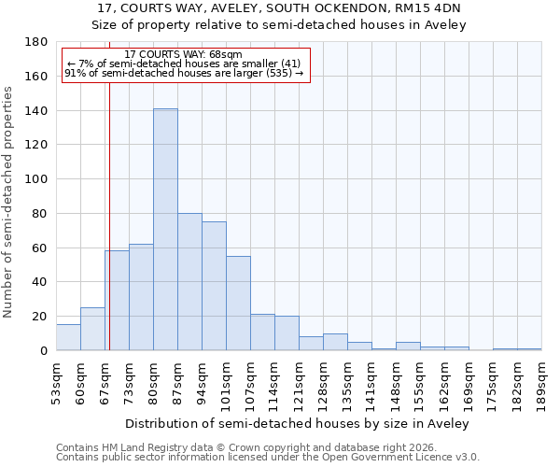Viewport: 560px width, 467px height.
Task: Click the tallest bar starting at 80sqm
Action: (165, 230)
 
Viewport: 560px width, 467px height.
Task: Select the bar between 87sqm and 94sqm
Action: (189, 282)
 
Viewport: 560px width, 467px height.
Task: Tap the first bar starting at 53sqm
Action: (68, 337)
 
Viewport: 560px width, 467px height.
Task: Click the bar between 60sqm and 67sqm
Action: (92, 329)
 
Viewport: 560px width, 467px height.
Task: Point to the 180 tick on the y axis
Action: (37, 42)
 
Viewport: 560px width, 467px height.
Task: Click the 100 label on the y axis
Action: (37, 179)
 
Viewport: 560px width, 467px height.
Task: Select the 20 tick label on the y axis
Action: (41, 317)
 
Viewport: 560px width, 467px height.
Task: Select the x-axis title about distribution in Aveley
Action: (297, 423)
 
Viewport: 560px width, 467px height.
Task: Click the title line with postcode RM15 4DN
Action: (279, 8)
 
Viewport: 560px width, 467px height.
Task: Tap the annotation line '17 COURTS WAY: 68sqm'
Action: (183, 54)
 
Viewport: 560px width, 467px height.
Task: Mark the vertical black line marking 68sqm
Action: (109, 215)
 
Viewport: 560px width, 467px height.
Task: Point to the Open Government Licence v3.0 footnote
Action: (268, 458)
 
